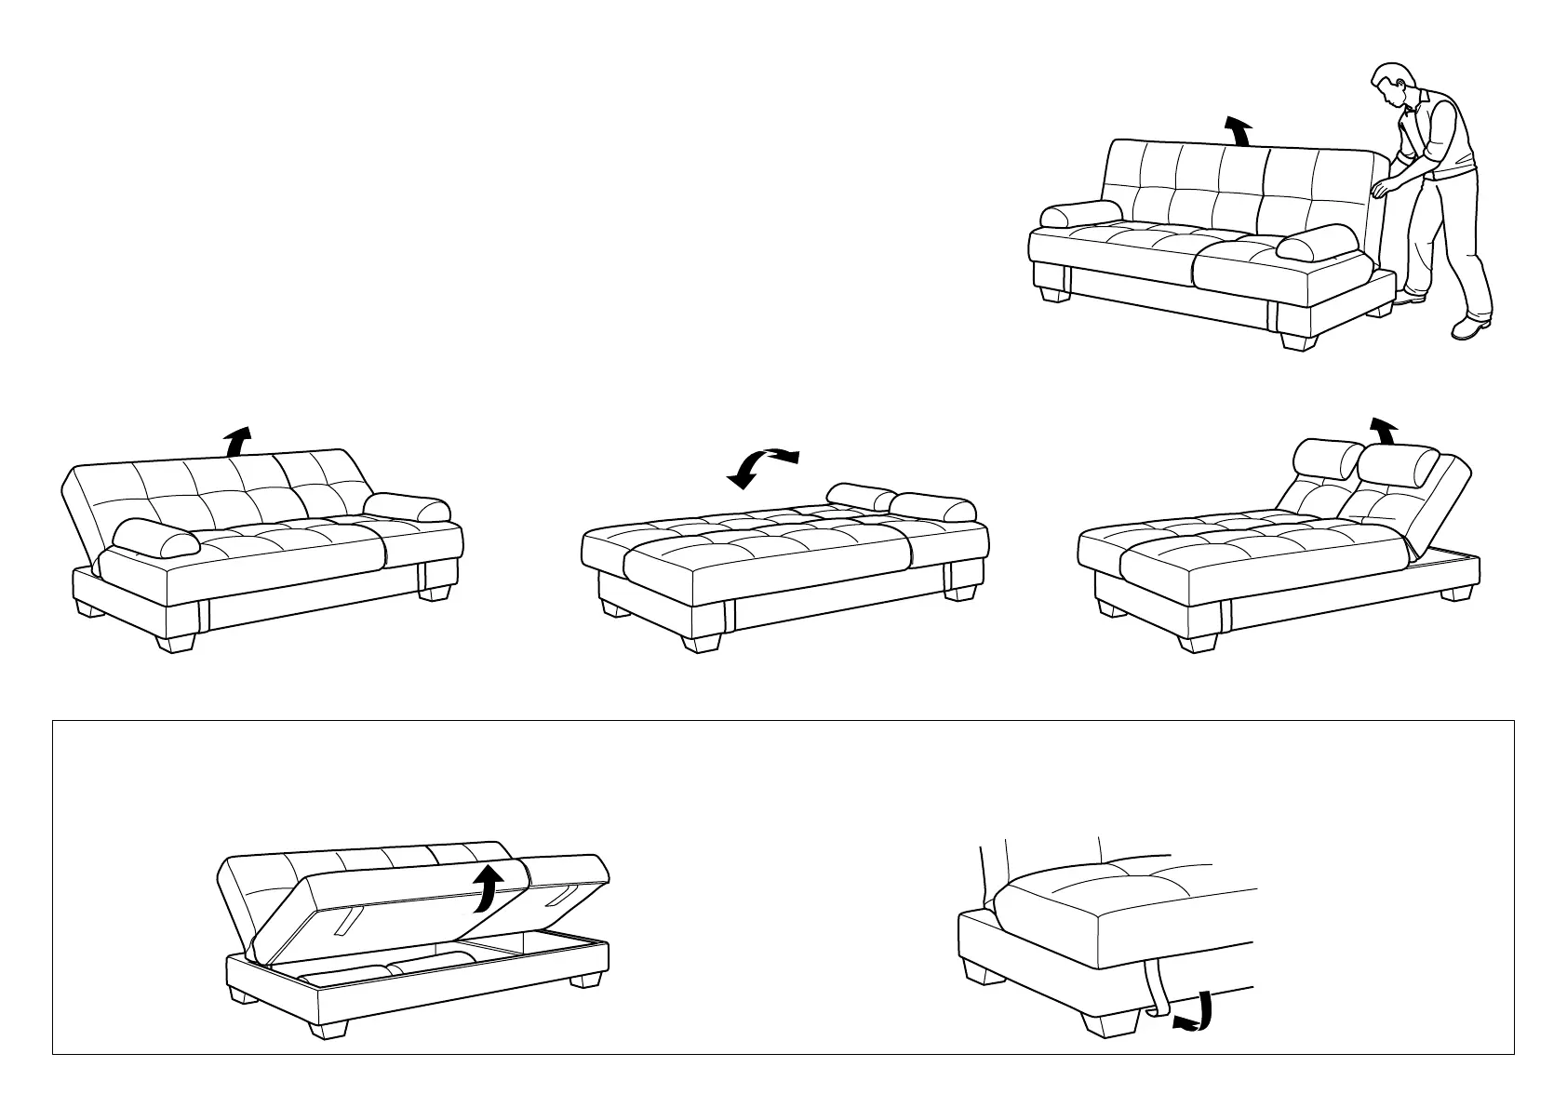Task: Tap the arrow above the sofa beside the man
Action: [x=1239, y=131]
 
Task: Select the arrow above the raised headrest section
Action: [x=1383, y=432]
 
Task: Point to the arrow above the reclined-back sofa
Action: [x=239, y=439]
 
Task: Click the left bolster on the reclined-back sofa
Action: [x=154, y=538]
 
